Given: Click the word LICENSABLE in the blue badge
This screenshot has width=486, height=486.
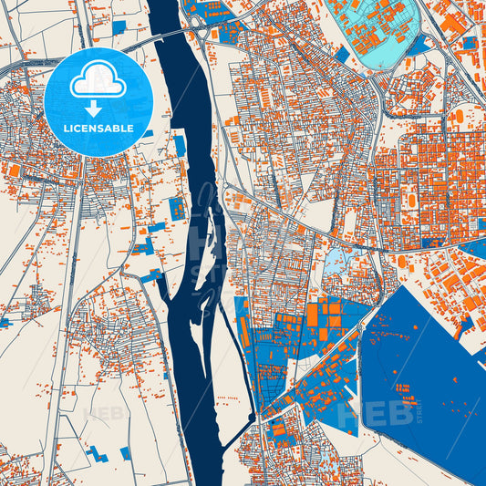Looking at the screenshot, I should (98, 129).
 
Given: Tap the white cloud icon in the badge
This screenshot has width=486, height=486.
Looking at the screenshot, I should (98, 83).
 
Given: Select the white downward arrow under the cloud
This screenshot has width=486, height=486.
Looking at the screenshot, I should (94, 108).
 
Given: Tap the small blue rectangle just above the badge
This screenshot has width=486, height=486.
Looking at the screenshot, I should (119, 27).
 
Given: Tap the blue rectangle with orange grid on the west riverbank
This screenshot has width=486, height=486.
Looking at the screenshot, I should (177, 208).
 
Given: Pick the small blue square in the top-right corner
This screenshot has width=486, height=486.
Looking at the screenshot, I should (469, 42).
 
